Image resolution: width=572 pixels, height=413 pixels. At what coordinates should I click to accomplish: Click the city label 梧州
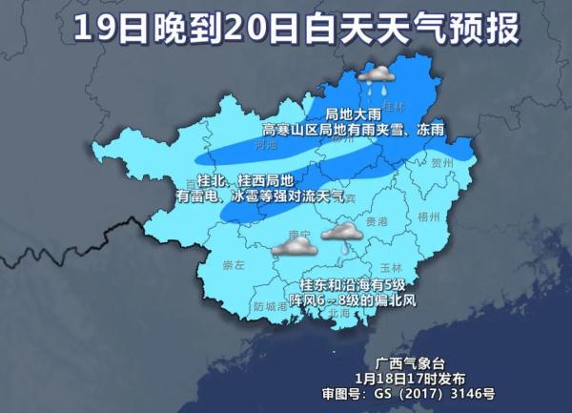pyautogui.click(x=429, y=217)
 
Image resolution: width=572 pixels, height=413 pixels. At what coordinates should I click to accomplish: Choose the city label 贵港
pyautogui.click(x=377, y=220)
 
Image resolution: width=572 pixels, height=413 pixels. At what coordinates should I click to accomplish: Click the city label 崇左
pyautogui.click(x=233, y=263)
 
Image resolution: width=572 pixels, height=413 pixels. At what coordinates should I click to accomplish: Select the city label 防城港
pyautogui.click(x=270, y=306)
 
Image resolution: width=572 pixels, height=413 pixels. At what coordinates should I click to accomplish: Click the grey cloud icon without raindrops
pyautogui.click(x=294, y=247)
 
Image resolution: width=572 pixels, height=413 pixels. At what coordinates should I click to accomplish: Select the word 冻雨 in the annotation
pyautogui.click(x=431, y=128)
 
